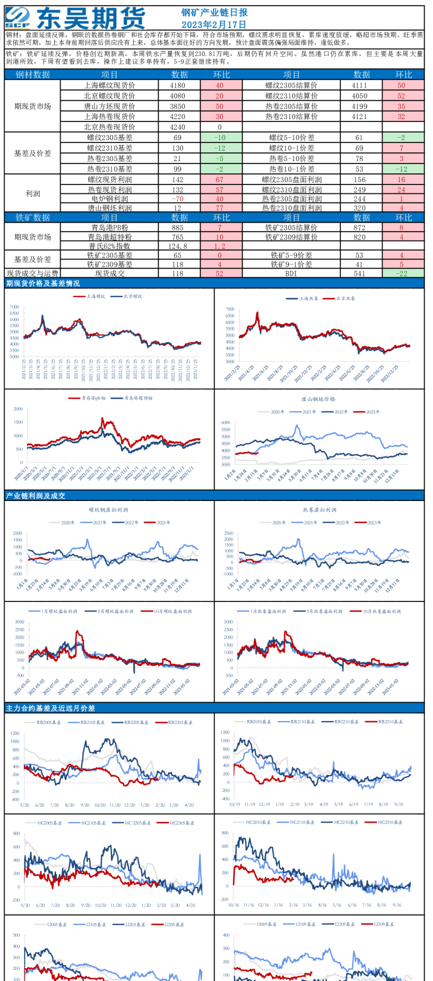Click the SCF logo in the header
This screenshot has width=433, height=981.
18,18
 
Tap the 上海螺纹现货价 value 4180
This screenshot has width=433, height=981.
177,85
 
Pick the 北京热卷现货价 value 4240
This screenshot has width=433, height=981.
177,127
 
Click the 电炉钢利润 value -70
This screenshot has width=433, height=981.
177,199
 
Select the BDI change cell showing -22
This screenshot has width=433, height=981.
403,273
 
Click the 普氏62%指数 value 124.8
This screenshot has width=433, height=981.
177,246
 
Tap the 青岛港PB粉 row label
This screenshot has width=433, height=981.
110,228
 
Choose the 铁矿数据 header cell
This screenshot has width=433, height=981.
33,218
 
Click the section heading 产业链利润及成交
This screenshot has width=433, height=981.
36,496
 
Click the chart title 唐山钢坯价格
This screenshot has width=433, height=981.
318,399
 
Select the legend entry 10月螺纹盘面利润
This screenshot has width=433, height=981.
173,611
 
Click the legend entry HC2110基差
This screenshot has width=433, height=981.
303,822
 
